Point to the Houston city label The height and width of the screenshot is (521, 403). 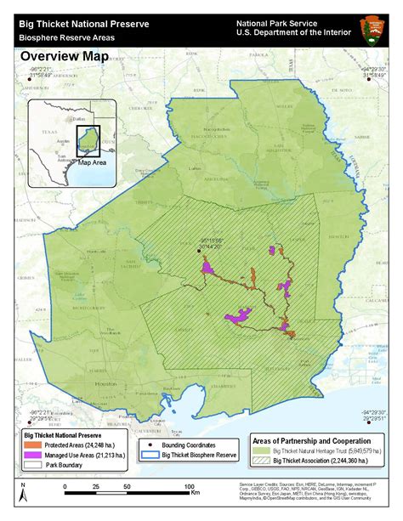[105, 383]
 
